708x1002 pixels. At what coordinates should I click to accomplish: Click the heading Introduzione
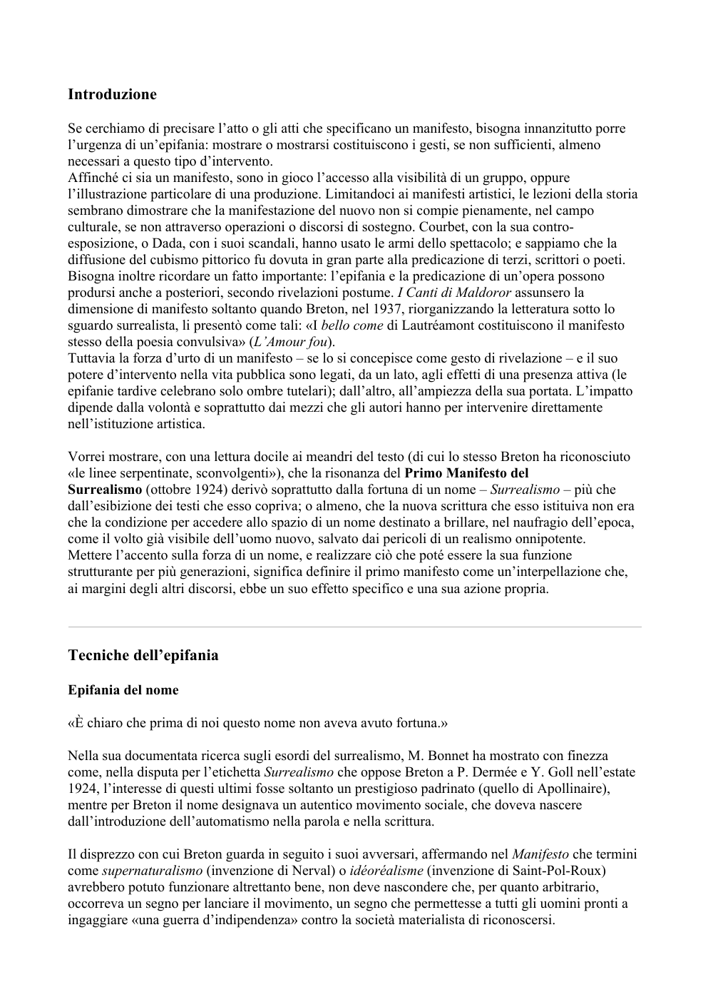(112, 94)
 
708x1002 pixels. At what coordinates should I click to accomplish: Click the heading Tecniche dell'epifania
(143, 655)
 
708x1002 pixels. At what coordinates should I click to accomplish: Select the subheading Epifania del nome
(123, 690)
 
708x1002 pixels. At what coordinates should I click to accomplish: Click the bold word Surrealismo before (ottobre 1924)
(105, 490)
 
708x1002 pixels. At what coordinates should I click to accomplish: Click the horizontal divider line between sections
(354, 627)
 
